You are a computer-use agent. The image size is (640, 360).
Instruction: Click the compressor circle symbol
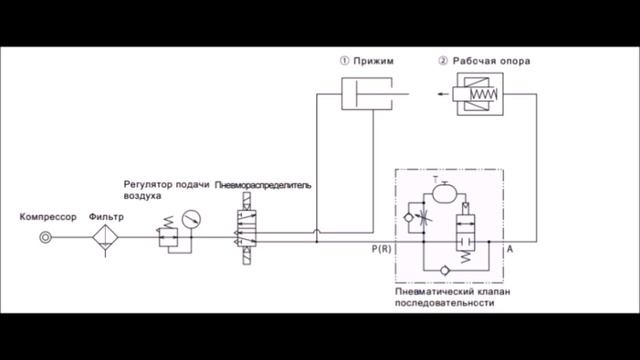coord(45,238)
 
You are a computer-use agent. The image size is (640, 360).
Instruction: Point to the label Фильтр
coord(106,217)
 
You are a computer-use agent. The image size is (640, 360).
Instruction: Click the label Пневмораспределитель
coord(263,186)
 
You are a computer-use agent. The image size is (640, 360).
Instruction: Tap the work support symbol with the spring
coord(480,98)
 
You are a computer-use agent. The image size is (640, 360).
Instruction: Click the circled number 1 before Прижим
coord(344,61)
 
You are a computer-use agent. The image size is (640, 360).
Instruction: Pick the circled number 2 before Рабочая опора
coord(443,61)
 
